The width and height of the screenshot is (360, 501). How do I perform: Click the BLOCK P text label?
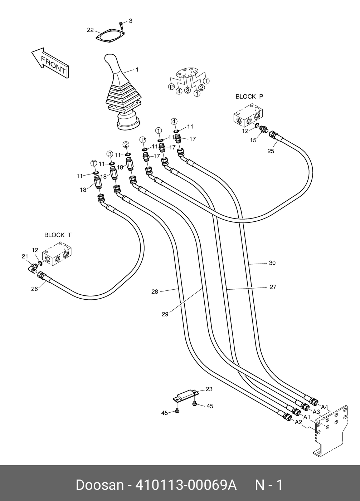pyautogui.click(x=249, y=97)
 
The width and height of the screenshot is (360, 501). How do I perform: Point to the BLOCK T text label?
pyautogui.click(x=58, y=235)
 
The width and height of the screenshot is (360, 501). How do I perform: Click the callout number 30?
pyautogui.click(x=272, y=263)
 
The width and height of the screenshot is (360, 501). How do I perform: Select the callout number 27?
pyautogui.click(x=273, y=287)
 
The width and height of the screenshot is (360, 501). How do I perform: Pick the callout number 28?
pyautogui.click(x=155, y=292)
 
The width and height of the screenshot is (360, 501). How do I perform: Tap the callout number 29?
pyautogui.click(x=165, y=314)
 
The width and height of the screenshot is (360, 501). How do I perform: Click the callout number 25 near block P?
pyautogui.click(x=271, y=151)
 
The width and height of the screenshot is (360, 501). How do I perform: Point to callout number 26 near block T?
pyautogui.click(x=34, y=289)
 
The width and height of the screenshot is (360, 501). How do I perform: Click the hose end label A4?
pyautogui.click(x=325, y=407)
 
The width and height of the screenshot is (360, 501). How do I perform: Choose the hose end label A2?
pyautogui.click(x=298, y=422)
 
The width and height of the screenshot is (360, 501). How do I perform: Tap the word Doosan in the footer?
pyautogui.click(x=99, y=485)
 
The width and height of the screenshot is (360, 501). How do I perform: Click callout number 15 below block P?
pyautogui.click(x=253, y=140)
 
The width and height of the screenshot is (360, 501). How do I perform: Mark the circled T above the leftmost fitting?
pyautogui.click(x=94, y=163)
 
